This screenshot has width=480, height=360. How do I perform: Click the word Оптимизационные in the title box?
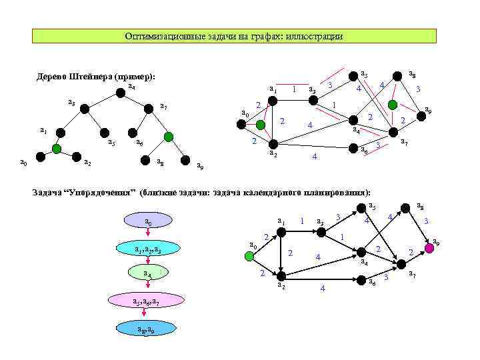[158, 36]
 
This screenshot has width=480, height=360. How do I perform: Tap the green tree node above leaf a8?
[169, 137]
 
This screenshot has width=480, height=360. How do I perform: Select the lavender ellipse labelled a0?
[148, 221]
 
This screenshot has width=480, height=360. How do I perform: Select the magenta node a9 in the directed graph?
[429, 247]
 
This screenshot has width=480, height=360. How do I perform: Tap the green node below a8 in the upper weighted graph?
[394, 105]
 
